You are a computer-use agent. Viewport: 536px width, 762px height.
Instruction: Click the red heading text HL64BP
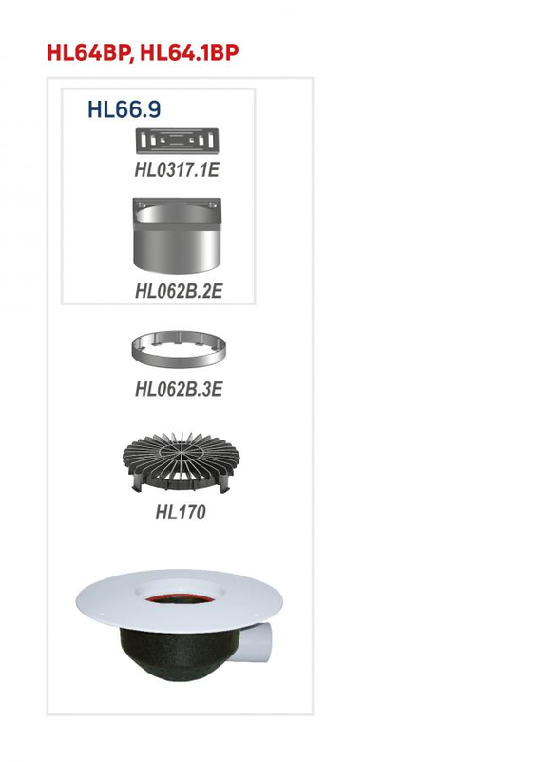pos(89,52)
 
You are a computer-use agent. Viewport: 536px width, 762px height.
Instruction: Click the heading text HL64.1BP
pos(188,52)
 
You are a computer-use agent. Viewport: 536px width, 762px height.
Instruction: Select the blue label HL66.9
pos(124,109)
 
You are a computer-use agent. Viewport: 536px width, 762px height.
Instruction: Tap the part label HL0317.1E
pos(178,171)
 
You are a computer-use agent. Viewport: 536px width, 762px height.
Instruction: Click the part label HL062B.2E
pos(178,291)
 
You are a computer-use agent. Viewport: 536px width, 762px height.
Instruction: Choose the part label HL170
pos(180,513)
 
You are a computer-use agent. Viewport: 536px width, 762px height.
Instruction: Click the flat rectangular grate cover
pos(178,142)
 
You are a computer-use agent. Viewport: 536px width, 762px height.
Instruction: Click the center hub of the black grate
pos(179,454)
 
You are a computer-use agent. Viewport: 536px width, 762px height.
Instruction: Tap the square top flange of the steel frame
pos(178,205)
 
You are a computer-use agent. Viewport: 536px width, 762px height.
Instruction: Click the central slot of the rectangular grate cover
pos(178,141)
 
